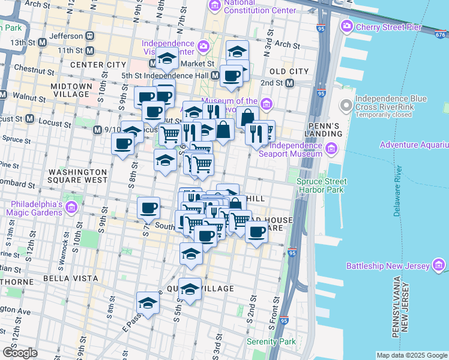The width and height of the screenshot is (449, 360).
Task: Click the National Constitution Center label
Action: click(260, 7)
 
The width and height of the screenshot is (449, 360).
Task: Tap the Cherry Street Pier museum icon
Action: click(346, 26)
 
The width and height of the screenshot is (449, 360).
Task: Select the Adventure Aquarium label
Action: click(414, 145)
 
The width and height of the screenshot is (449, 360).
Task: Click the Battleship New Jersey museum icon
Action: click(438, 266)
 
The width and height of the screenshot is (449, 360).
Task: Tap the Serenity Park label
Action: click(271, 341)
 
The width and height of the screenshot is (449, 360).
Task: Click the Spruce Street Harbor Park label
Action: click(322, 186)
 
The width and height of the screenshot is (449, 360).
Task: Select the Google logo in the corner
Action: click(20, 353)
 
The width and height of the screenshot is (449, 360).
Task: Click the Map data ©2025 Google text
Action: click(411, 355)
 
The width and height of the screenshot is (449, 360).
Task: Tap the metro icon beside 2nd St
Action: click(289, 83)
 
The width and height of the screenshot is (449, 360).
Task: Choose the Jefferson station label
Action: click(66, 35)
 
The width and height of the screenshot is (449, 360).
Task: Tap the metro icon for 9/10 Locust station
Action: click(97, 130)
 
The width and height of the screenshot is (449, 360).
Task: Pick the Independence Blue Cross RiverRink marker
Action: click(346, 106)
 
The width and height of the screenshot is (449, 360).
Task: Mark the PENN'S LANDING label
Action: click(322, 128)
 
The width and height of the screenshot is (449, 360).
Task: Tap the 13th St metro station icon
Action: click(42, 43)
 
